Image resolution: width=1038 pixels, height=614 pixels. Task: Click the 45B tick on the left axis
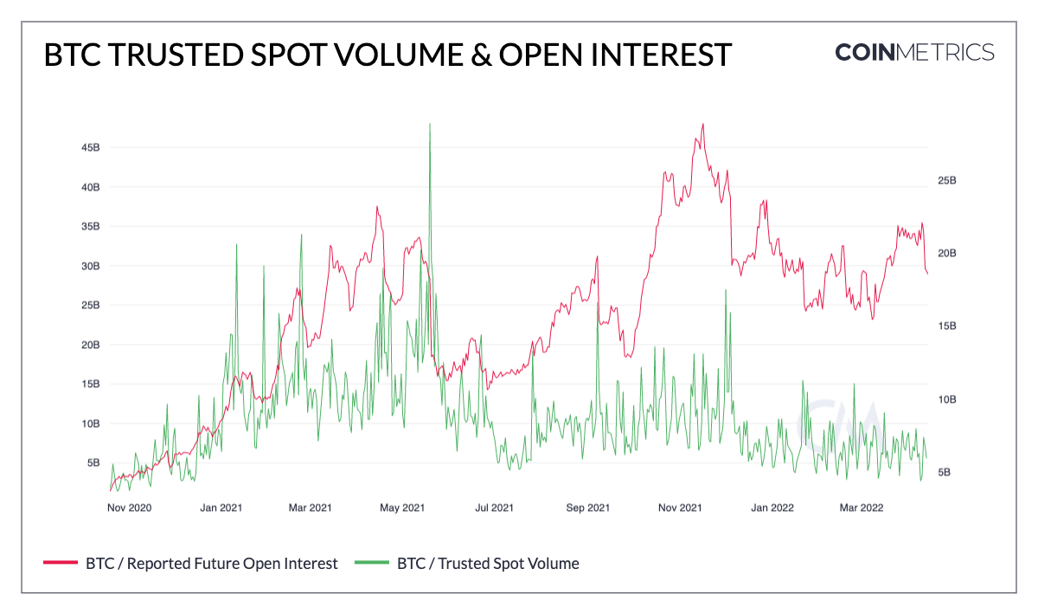click(x=90, y=148)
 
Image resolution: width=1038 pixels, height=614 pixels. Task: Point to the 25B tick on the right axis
click(x=947, y=180)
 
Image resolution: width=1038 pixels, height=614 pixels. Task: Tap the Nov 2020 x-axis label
click(x=129, y=507)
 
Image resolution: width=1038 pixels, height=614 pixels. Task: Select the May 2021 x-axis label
click(x=402, y=507)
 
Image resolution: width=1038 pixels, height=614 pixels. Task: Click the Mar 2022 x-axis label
click(x=861, y=507)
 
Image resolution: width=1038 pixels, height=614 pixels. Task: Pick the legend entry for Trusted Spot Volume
click(x=487, y=563)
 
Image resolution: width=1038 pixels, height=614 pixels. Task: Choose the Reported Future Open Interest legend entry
click(x=211, y=563)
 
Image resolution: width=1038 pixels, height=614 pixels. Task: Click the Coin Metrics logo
click(x=914, y=52)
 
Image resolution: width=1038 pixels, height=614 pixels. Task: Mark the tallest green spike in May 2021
click(x=429, y=126)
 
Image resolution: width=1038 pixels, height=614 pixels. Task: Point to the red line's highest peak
click(x=702, y=124)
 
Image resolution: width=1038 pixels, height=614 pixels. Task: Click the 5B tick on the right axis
click(x=944, y=472)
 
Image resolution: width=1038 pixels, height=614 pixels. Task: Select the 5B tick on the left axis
click(x=93, y=462)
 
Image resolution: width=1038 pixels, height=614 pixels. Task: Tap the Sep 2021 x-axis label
click(x=587, y=507)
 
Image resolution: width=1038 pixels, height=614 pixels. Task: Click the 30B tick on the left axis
click(x=90, y=266)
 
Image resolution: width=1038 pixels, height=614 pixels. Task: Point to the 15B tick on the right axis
click(x=947, y=326)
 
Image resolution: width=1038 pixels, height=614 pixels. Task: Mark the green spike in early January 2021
click(x=236, y=247)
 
